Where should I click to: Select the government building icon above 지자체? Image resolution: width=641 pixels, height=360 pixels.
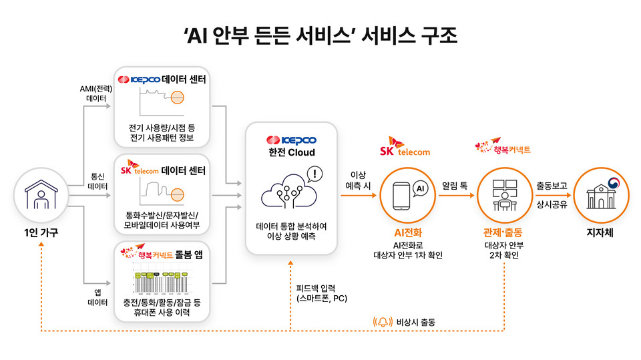coord(598,194)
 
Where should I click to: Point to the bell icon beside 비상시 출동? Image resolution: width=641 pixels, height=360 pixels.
coord(383,322)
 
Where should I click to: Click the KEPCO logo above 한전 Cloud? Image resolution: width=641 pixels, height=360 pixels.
coord(291,140)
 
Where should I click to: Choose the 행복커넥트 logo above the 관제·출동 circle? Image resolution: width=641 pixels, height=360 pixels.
coord(501,147)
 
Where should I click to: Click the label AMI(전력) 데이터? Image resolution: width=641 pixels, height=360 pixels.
coord(95,93)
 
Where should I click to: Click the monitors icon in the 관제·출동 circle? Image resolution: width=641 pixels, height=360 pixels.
coord(502,194)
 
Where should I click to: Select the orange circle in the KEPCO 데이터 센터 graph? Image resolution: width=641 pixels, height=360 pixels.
coord(178,98)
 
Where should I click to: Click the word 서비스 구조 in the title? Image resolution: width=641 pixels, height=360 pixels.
coord(408,35)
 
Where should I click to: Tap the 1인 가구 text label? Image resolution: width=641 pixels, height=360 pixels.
coord(40,233)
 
